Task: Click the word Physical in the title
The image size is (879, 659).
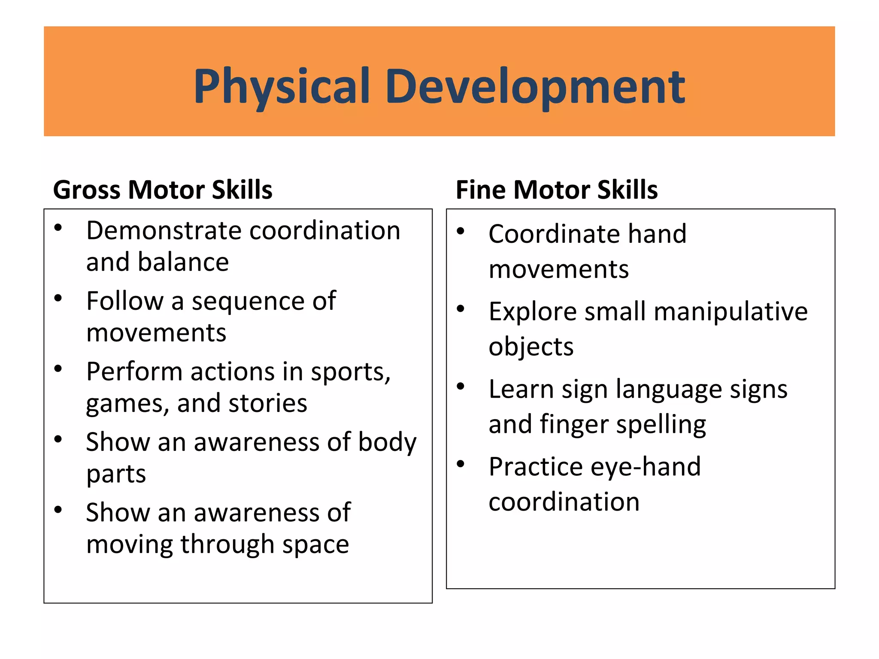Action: tap(282, 87)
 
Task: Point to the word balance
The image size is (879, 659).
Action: tap(183, 262)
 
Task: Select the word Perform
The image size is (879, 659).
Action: tap(134, 372)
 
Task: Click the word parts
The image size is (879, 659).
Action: tap(116, 475)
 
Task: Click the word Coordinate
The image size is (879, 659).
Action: tap(554, 234)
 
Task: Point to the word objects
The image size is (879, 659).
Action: tap(531, 347)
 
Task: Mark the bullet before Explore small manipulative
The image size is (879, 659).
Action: tap(461, 309)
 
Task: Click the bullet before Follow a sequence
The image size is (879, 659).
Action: tap(58, 298)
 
